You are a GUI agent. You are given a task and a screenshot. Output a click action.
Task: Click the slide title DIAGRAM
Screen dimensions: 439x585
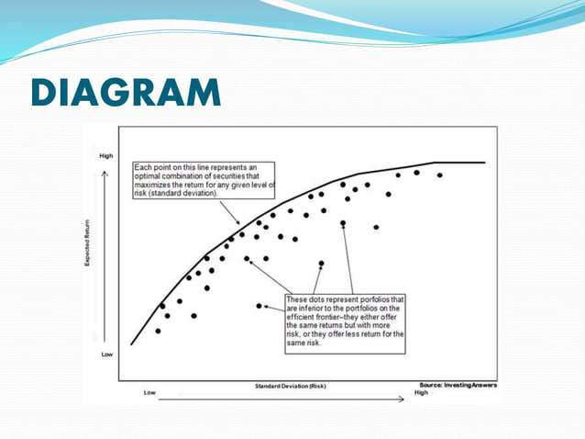pyautogui.click(x=125, y=94)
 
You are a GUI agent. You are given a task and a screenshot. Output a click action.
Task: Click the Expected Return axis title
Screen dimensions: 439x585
pyautogui.click(x=88, y=248)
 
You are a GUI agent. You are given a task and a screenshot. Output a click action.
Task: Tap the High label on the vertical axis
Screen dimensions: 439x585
pyautogui.click(x=106, y=157)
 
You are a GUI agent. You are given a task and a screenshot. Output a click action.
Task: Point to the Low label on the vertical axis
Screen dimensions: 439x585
pyautogui.click(x=106, y=353)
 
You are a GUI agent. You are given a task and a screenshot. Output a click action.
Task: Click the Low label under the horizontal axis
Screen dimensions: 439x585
pyautogui.click(x=150, y=392)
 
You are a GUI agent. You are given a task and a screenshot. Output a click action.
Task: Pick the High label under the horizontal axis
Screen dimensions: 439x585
pyautogui.click(x=421, y=392)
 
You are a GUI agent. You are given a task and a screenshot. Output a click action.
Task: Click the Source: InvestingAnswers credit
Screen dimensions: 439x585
pyautogui.click(x=458, y=385)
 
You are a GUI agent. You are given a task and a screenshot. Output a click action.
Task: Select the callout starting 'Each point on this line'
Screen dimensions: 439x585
pyautogui.click(x=210, y=180)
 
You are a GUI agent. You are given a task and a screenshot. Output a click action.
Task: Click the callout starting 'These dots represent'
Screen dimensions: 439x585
pyautogui.click(x=345, y=321)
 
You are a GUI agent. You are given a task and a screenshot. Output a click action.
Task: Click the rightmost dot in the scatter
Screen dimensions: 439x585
pyautogui.click(x=440, y=174)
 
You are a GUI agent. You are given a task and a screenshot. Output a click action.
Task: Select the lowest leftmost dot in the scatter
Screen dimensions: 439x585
pyautogui.click(x=158, y=331)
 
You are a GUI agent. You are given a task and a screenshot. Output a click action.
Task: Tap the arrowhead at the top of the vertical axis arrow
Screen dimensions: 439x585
pyautogui.click(x=106, y=171)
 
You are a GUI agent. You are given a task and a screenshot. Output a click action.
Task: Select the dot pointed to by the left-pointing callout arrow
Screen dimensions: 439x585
pyautogui.click(x=259, y=306)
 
